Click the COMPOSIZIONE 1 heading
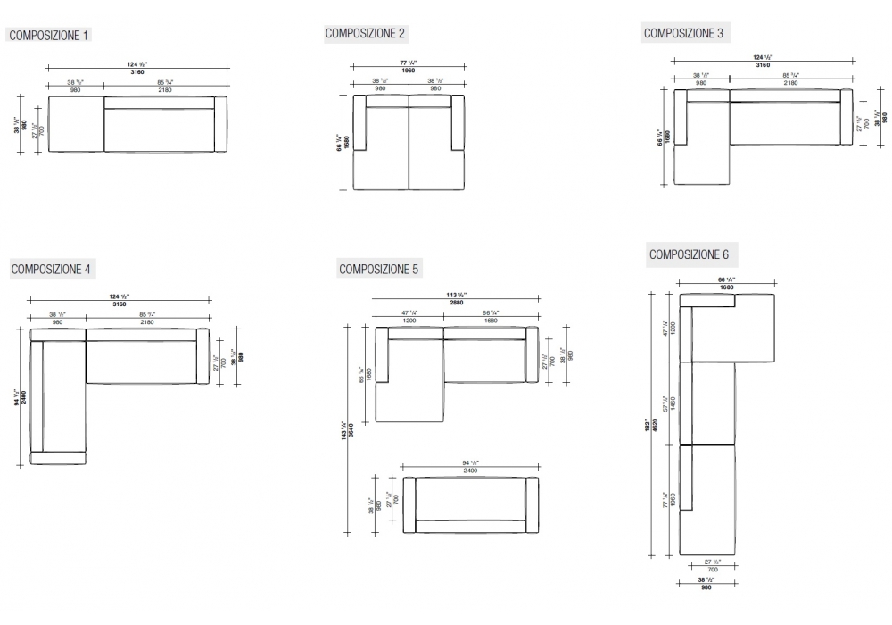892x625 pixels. (48, 36)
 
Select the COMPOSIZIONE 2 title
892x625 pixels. (366, 34)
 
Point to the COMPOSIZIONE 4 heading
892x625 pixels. (51, 269)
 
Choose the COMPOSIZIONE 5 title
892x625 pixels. (379, 269)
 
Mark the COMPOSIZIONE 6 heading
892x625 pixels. (689, 254)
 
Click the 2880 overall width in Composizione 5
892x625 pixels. (456, 304)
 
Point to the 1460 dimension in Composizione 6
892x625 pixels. (673, 404)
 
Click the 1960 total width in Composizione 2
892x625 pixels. (408, 71)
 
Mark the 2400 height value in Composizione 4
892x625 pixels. (24, 396)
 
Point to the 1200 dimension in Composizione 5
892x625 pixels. (409, 320)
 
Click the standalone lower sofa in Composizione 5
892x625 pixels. (471, 505)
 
